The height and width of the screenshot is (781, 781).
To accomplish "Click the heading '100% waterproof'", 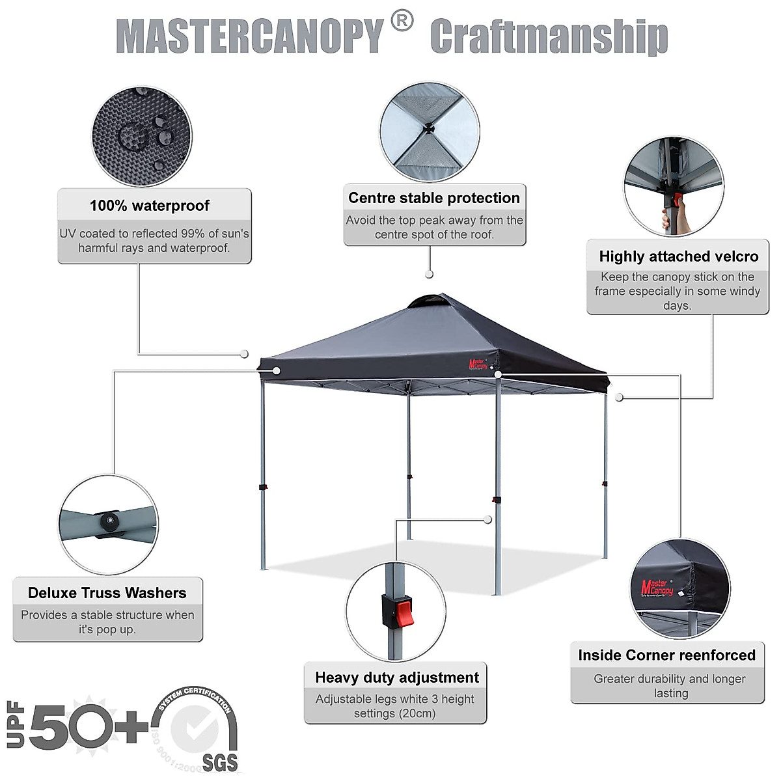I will click(150, 206).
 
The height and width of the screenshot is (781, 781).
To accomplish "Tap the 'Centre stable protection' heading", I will click(434, 198).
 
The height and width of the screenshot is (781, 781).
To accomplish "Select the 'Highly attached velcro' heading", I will click(678, 256).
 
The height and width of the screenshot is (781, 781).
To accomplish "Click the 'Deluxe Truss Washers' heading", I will click(107, 593).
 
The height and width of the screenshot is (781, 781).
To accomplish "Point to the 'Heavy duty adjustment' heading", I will click(397, 678).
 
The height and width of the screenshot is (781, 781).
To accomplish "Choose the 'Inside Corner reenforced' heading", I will click(667, 655).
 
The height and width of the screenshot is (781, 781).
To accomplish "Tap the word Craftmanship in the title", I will click(549, 37).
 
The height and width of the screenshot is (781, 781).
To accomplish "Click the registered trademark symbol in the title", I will click(402, 21).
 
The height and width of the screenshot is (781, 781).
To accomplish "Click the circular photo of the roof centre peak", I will click(430, 131).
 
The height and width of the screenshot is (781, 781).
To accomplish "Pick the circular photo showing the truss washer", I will click(108, 525).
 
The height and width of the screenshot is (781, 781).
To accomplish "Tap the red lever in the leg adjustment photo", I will click(405, 611).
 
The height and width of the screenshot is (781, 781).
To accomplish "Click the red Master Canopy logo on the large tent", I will click(478, 364).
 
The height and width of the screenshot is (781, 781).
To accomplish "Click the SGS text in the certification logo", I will click(220, 761).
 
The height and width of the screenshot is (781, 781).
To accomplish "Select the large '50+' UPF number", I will click(88, 726).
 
